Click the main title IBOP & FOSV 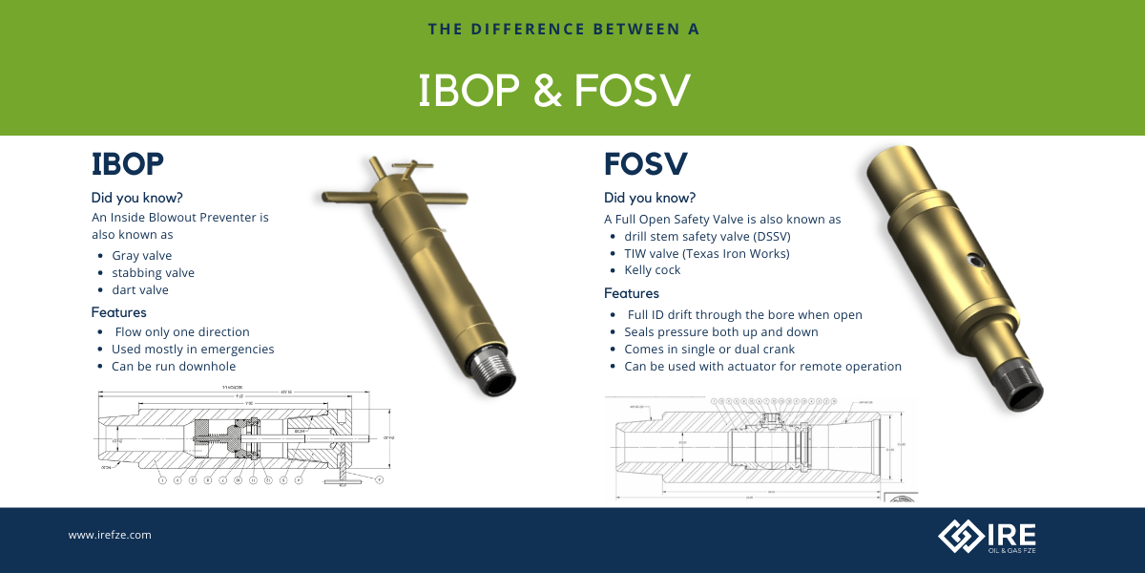553,90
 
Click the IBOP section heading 128,164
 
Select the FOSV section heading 646,164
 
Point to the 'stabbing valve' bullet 153,273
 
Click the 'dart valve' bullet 140,290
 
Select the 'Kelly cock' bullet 653,270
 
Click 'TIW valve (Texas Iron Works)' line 707,253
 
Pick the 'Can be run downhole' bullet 174,366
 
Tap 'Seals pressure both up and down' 721,331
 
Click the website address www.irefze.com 110,536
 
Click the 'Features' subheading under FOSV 632,293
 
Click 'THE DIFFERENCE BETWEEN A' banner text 565,30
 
